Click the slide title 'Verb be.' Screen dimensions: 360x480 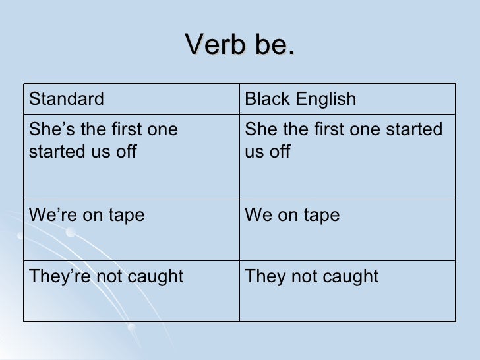tap(240, 45)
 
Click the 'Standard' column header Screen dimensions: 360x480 tap(66, 100)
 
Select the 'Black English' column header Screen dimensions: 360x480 tap(300, 100)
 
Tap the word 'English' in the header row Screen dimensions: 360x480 tap(324, 100)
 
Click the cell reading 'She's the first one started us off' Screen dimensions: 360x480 tap(103, 140)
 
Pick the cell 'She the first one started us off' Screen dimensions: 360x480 tap(343, 140)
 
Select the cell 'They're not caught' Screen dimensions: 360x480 tap(105, 276)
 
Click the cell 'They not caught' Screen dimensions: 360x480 tap(311, 276)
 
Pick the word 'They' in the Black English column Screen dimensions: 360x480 tap(264, 276)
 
